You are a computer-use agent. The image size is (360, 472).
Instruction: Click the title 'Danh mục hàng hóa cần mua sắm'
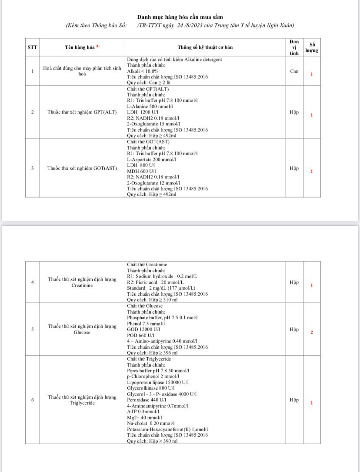(x=180, y=17)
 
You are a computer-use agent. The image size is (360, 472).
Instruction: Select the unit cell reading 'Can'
(x=294, y=71)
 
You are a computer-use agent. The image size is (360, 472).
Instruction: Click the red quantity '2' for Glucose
(x=312, y=332)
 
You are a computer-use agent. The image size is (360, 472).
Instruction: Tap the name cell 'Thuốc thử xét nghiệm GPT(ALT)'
(x=82, y=112)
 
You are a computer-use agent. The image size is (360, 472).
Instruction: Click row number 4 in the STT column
(x=33, y=282)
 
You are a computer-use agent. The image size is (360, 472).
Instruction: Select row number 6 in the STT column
(x=33, y=400)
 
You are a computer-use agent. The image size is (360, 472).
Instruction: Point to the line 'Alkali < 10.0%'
(x=143, y=71)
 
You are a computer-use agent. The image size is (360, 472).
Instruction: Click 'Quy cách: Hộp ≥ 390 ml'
(x=152, y=441)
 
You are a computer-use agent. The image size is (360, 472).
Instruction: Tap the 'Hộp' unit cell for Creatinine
(x=294, y=282)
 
